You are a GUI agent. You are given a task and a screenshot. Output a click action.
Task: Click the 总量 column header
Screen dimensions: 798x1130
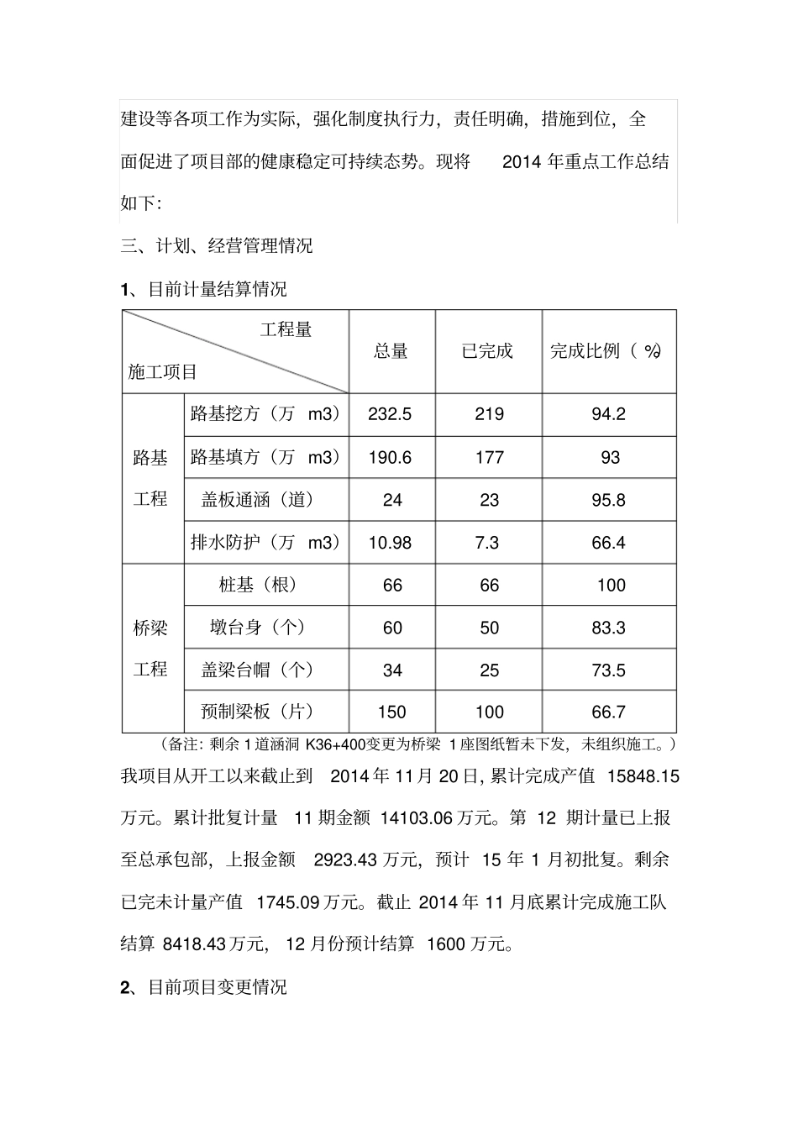click(391, 351)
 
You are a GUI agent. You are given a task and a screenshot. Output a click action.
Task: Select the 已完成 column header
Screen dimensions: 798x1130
click(487, 351)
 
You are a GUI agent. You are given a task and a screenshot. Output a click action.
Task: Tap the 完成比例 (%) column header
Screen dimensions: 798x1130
click(606, 351)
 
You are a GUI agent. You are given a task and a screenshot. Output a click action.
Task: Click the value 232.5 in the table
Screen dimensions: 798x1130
click(391, 414)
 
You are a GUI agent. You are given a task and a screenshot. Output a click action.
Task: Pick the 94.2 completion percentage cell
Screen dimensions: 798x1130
click(609, 414)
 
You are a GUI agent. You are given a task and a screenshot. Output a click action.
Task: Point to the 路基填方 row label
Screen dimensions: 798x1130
click(265, 457)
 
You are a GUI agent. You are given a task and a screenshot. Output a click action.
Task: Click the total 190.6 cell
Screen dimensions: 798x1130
click(391, 457)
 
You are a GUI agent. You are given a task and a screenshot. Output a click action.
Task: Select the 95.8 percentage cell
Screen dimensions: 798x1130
click(609, 500)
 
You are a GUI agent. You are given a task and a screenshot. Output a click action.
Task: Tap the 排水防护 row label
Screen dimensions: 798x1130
click(265, 543)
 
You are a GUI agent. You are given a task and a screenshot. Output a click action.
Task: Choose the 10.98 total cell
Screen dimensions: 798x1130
click(391, 543)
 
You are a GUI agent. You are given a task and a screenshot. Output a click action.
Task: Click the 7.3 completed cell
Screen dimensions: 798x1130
click(487, 543)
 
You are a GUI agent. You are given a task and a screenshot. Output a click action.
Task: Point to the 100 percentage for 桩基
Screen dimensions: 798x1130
click(611, 586)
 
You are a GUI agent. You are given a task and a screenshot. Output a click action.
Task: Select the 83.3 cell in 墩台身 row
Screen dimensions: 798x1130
click(609, 628)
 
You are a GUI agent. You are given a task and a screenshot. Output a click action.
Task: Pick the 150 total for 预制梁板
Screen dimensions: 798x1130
click(391, 712)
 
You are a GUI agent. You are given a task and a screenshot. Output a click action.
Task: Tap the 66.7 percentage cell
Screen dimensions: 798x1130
click(609, 712)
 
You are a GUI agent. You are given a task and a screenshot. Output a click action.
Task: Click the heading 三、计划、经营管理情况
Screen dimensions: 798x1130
click(217, 245)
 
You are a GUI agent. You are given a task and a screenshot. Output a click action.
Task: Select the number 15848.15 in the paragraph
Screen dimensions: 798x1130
click(640, 776)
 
